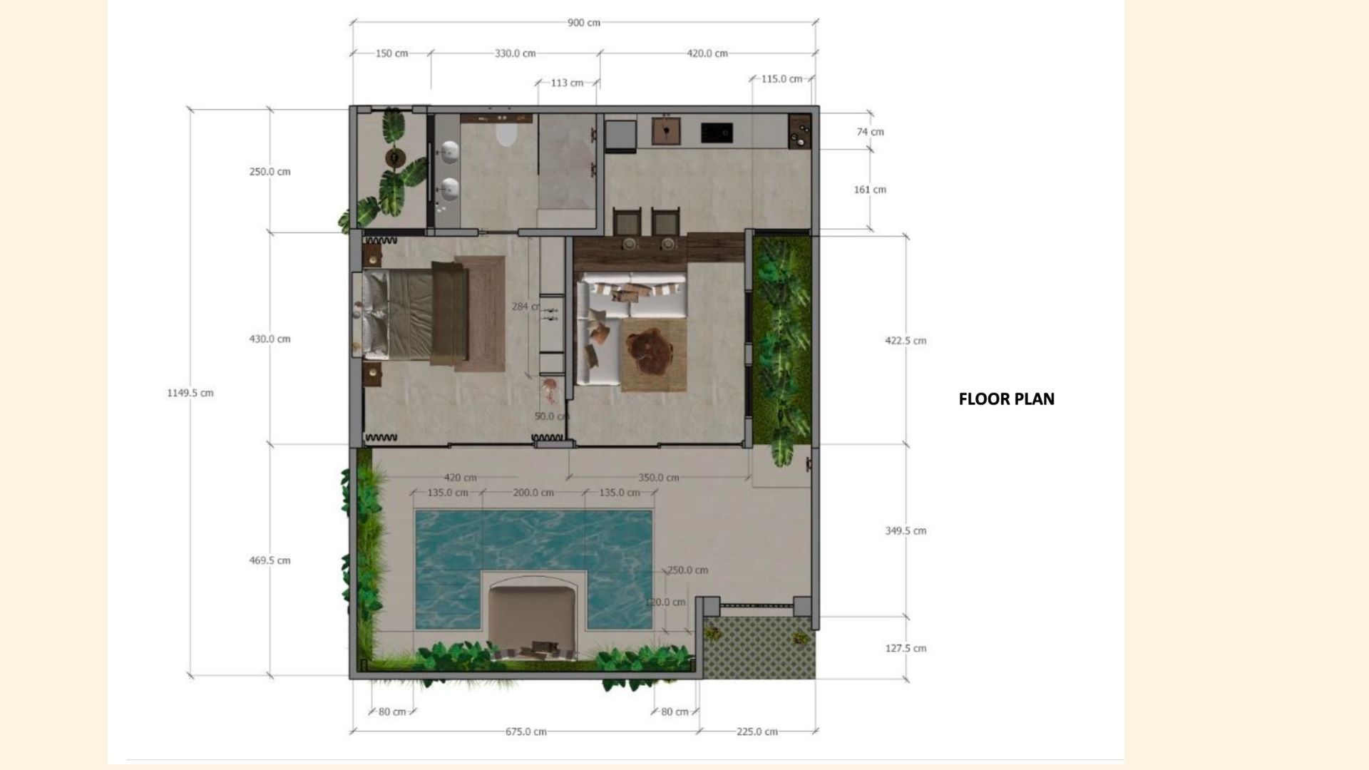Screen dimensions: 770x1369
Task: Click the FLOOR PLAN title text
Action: (1006, 399)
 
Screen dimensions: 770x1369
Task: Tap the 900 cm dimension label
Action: (583, 23)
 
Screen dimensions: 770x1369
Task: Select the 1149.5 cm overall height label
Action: (190, 393)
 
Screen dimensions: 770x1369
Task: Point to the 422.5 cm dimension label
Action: (906, 341)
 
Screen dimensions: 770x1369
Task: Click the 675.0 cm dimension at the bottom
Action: (525, 731)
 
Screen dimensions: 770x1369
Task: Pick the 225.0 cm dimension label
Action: (757, 731)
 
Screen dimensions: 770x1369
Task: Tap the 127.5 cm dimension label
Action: (906, 648)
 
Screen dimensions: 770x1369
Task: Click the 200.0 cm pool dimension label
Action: (533, 493)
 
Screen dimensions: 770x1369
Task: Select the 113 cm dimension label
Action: (567, 83)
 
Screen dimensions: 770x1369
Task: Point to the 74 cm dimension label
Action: (870, 132)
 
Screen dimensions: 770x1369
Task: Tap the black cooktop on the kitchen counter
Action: (716, 133)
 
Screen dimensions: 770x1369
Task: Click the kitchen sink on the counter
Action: (666, 132)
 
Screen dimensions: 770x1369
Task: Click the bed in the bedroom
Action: (414, 314)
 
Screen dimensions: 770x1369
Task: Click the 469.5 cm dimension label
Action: (270, 560)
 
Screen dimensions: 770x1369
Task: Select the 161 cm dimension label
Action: (870, 190)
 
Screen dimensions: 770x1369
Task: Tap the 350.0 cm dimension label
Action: (657, 478)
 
